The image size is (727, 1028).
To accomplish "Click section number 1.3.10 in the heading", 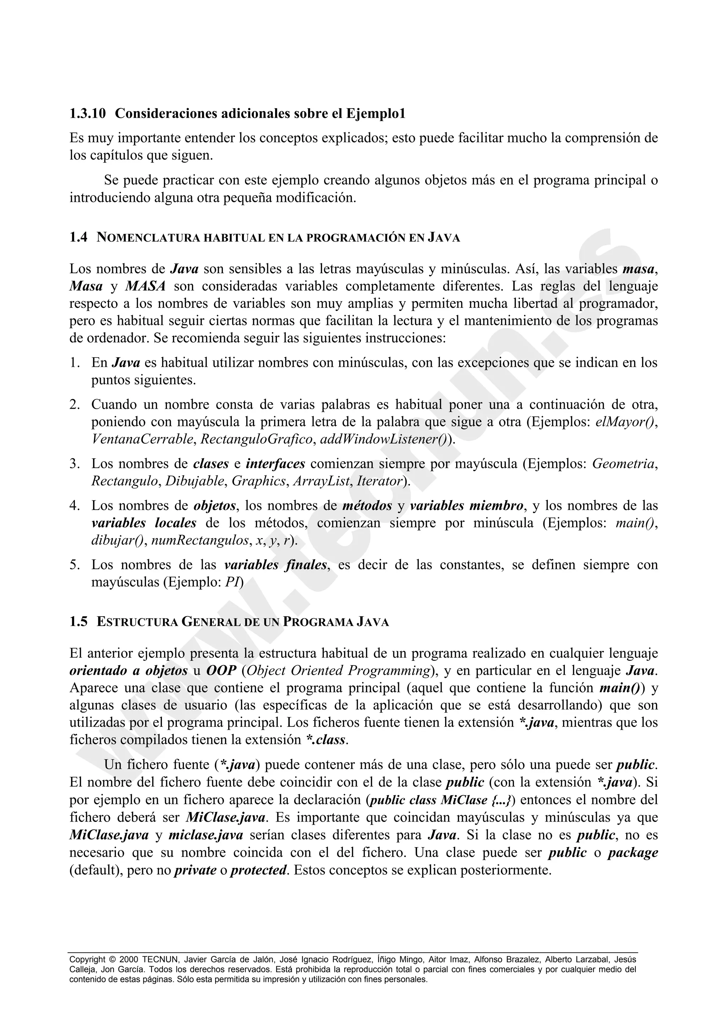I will point(87,114).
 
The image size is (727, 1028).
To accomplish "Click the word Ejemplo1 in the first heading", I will point(375,114).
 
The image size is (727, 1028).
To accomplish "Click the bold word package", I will point(633,853).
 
